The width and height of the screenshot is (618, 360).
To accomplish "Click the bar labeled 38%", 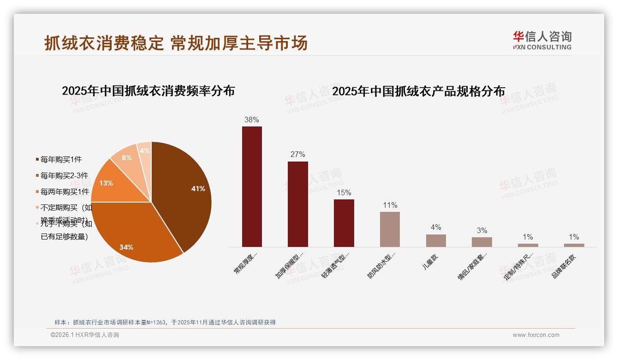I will [x=252, y=186].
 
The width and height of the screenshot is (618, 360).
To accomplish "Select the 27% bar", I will [x=297, y=204].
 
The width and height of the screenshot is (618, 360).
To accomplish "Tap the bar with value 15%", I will [x=344, y=223].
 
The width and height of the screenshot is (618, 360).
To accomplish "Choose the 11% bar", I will [x=390, y=229].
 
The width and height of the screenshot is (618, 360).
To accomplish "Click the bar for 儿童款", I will [x=436, y=240].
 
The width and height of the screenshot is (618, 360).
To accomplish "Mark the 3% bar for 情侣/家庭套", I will [x=481, y=242].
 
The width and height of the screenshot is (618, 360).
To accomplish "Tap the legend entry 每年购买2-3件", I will [x=64, y=175].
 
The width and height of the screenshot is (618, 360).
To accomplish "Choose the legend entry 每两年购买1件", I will [x=65, y=192].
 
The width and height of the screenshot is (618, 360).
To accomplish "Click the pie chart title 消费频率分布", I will [x=148, y=90].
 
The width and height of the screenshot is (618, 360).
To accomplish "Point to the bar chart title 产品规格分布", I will [x=418, y=91].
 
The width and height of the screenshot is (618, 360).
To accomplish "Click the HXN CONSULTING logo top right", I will [x=542, y=40].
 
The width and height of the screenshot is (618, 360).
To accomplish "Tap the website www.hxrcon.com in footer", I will [x=536, y=335].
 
